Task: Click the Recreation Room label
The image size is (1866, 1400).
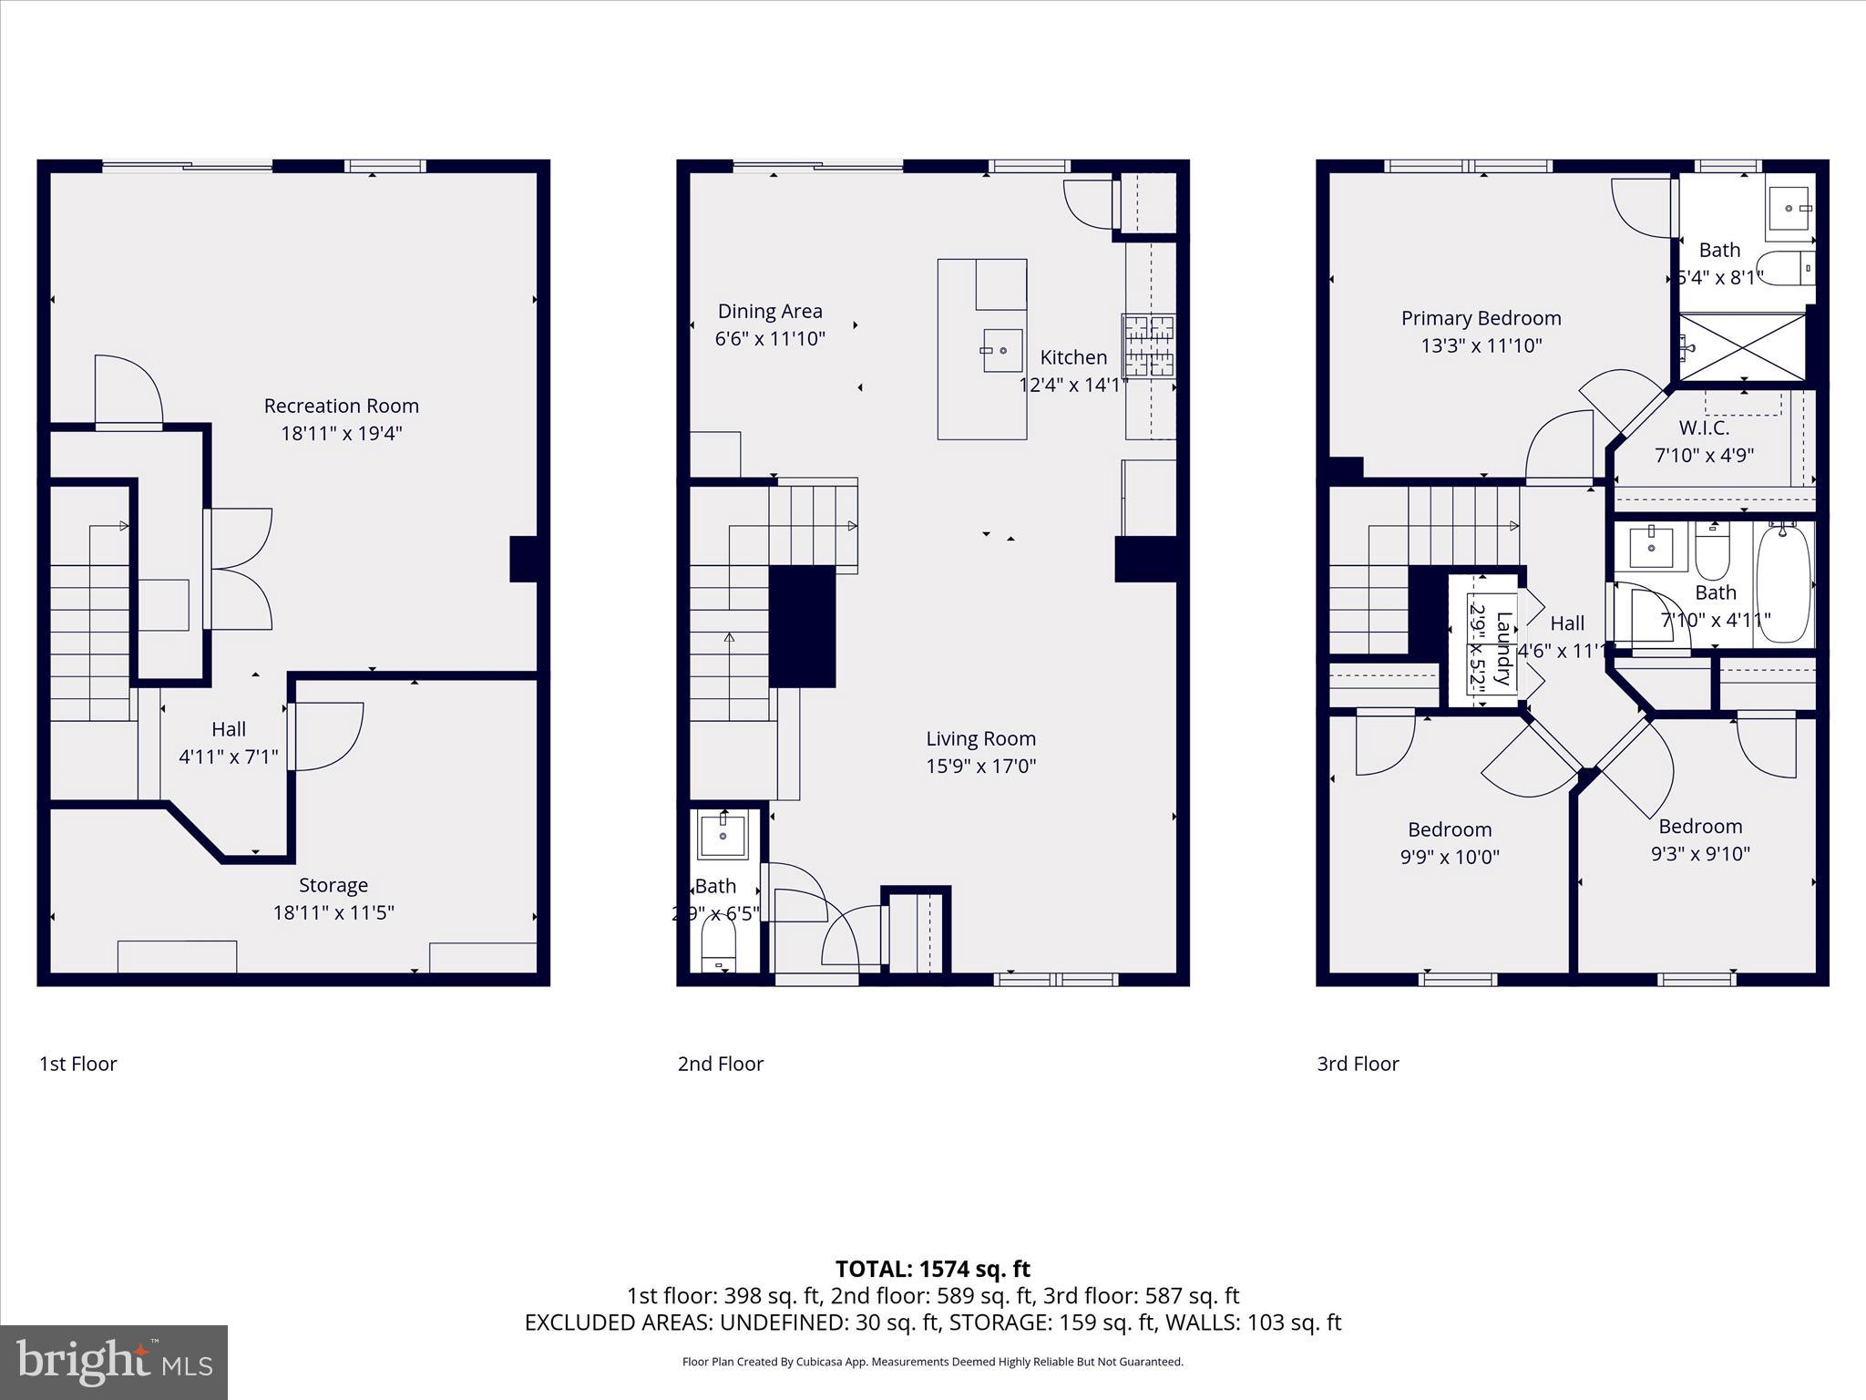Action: pyautogui.click(x=341, y=407)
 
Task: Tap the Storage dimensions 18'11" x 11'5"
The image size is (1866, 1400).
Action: pyautogui.click(x=333, y=912)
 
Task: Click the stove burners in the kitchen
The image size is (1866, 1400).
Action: pyautogui.click(x=1148, y=346)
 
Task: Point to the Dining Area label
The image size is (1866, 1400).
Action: pyautogui.click(x=770, y=312)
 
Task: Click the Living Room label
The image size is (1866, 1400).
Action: pyautogui.click(x=980, y=739)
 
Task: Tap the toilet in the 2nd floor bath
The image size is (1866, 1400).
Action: pyautogui.click(x=718, y=949)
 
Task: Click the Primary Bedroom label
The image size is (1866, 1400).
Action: pyautogui.click(x=1481, y=319)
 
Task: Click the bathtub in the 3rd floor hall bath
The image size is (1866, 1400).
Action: pyautogui.click(x=1784, y=583)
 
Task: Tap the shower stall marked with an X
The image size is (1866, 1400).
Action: pyautogui.click(x=1741, y=347)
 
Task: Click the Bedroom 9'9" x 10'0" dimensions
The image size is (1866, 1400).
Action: pyautogui.click(x=1449, y=857)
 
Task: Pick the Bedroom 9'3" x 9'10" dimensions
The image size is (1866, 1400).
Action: pyautogui.click(x=1700, y=854)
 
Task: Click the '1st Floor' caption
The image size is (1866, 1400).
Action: pyautogui.click(x=78, y=1064)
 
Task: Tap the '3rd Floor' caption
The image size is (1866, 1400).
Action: pyautogui.click(x=1358, y=1064)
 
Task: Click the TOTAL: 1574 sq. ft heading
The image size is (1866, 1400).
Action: pyautogui.click(x=932, y=1269)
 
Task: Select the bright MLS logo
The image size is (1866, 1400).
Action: pyautogui.click(x=114, y=1362)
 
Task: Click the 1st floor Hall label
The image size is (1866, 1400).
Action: pyautogui.click(x=229, y=729)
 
